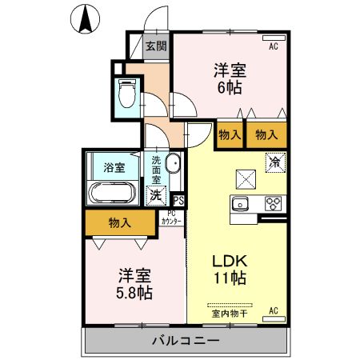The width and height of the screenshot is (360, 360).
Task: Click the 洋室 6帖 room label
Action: point(228,77)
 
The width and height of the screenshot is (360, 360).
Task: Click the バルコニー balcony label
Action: point(186,342)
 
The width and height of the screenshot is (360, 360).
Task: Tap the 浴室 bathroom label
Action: point(114,168)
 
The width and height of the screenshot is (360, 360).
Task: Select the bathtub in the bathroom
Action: point(113,192)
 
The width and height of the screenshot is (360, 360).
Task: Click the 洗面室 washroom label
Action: point(157,169)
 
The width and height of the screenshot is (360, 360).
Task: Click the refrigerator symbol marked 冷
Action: point(274,162)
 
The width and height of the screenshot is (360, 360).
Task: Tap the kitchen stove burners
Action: point(272,202)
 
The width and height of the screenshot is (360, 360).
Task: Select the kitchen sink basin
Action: point(241,202)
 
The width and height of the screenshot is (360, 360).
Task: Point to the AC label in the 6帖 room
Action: point(273,46)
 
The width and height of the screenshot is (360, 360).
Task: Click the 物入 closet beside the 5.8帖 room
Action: point(119,223)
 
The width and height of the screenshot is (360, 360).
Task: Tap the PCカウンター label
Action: point(170,218)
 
